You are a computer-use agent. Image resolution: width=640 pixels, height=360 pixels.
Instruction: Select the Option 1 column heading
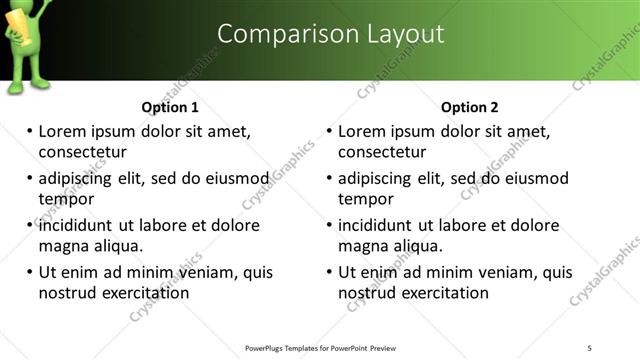tap(170, 107)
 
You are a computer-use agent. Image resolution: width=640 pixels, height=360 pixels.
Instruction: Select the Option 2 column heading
tap(470, 107)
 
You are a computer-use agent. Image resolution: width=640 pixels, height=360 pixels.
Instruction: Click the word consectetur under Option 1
tap(82, 152)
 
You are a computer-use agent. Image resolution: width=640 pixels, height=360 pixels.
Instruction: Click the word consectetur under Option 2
tap(382, 152)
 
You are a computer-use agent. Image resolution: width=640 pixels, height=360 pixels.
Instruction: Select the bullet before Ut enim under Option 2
tap(330, 272)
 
